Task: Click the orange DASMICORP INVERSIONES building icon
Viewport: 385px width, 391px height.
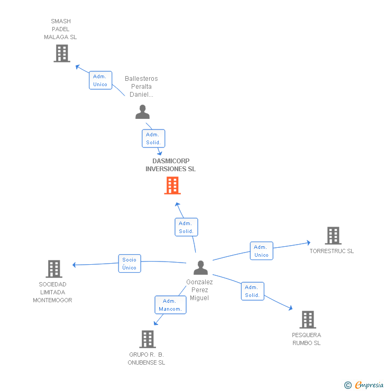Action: click(x=172, y=185)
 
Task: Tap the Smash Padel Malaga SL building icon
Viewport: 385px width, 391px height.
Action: click(x=62, y=53)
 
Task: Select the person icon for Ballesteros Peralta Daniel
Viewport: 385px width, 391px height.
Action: click(x=142, y=112)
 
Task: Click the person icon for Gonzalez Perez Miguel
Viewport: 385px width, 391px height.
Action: click(x=200, y=268)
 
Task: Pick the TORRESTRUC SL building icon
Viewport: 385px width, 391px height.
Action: click(x=333, y=236)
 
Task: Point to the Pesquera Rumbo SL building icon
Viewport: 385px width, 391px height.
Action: click(x=308, y=320)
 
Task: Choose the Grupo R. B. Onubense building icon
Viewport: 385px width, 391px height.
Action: click(x=148, y=339)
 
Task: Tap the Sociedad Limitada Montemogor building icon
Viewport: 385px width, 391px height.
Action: click(x=54, y=269)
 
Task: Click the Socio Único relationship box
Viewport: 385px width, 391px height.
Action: click(x=130, y=263)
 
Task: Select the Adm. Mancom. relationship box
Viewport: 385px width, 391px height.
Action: click(x=170, y=305)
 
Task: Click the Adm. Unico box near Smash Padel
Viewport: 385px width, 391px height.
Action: click(x=100, y=80)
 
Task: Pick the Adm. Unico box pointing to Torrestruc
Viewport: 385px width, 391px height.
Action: click(x=261, y=251)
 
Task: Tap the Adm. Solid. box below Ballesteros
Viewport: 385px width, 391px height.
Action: click(x=153, y=138)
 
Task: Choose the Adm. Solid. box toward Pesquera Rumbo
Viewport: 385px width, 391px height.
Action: click(x=252, y=291)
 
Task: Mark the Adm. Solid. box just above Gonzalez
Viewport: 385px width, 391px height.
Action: click(x=186, y=227)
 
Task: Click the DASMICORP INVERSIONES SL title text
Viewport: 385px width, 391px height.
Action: click(x=170, y=165)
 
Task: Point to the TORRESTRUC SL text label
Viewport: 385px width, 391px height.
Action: click(x=332, y=252)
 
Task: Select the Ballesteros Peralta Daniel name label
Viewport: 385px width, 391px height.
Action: click(x=141, y=87)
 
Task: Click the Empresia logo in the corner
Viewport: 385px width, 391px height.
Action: click(x=369, y=385)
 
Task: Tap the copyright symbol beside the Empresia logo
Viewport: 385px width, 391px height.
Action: click(x=348, y=385)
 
